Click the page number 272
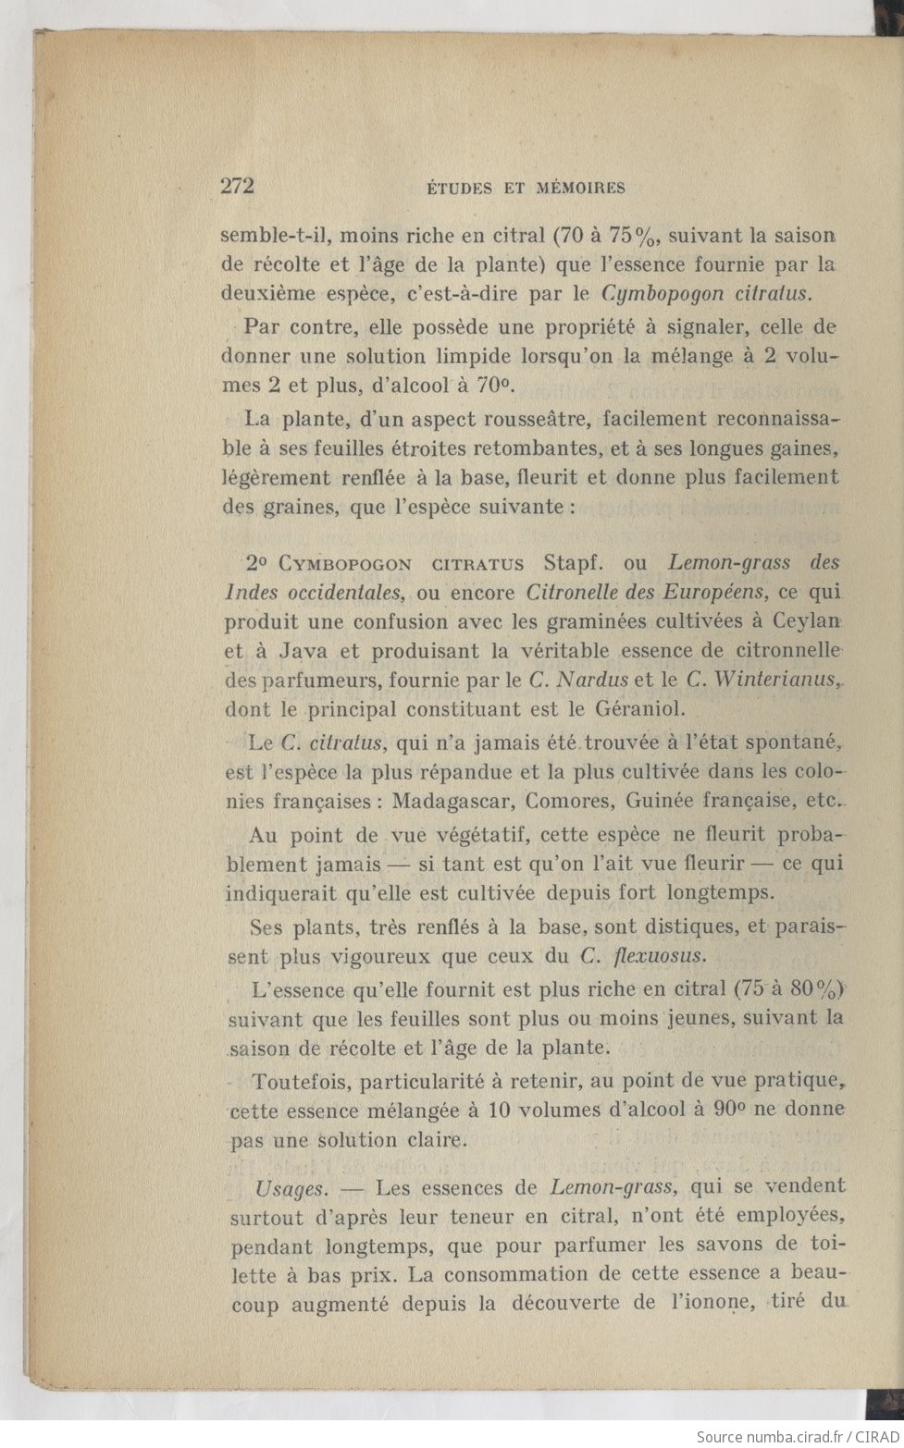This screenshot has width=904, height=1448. click(x=238, y=186)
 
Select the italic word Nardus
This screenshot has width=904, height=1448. click(x=593, y=681)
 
